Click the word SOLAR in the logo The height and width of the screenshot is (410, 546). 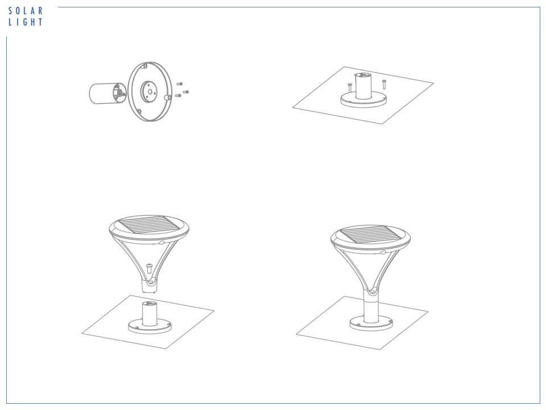click(x=26, y=11)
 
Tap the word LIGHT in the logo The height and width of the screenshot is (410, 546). click(x=26, y=22)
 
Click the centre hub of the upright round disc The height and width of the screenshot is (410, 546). click(x=150, y=91)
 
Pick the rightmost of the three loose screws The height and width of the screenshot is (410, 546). click(x=185, y=92)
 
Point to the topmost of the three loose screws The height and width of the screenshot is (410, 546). click(x=180, y=84)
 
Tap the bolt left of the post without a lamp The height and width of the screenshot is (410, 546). click(x=350, y=87)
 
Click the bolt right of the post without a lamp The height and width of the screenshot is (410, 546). click(x=384, y=84)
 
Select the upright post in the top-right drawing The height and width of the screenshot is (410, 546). click(x=363, y=86)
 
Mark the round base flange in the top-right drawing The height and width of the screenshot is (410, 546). click(x=364, y=99)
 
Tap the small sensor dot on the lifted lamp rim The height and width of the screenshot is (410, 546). click(x=161, y=242)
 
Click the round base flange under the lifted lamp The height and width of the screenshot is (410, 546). click(x=150, y=326)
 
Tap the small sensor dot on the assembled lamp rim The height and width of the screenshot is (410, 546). click(x=383, y=252)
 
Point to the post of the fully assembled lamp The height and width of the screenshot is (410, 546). click(x=371, y=306)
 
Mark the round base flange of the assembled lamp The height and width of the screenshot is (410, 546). click(x=371, y=323)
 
